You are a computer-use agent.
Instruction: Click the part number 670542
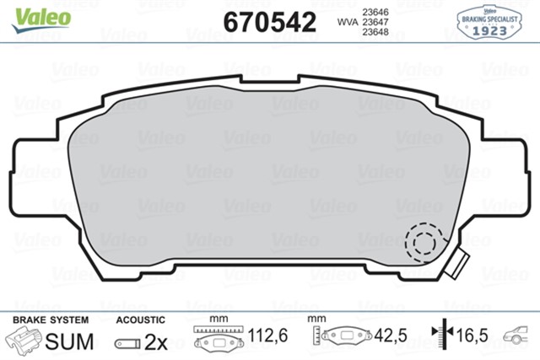(267, 22)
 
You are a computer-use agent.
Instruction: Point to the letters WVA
(346, 23)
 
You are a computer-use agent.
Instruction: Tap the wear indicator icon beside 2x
(127, 343)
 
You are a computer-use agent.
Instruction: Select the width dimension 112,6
(268, 337)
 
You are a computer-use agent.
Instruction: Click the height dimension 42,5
(391, 337)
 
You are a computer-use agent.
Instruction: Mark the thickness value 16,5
(472, 337)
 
